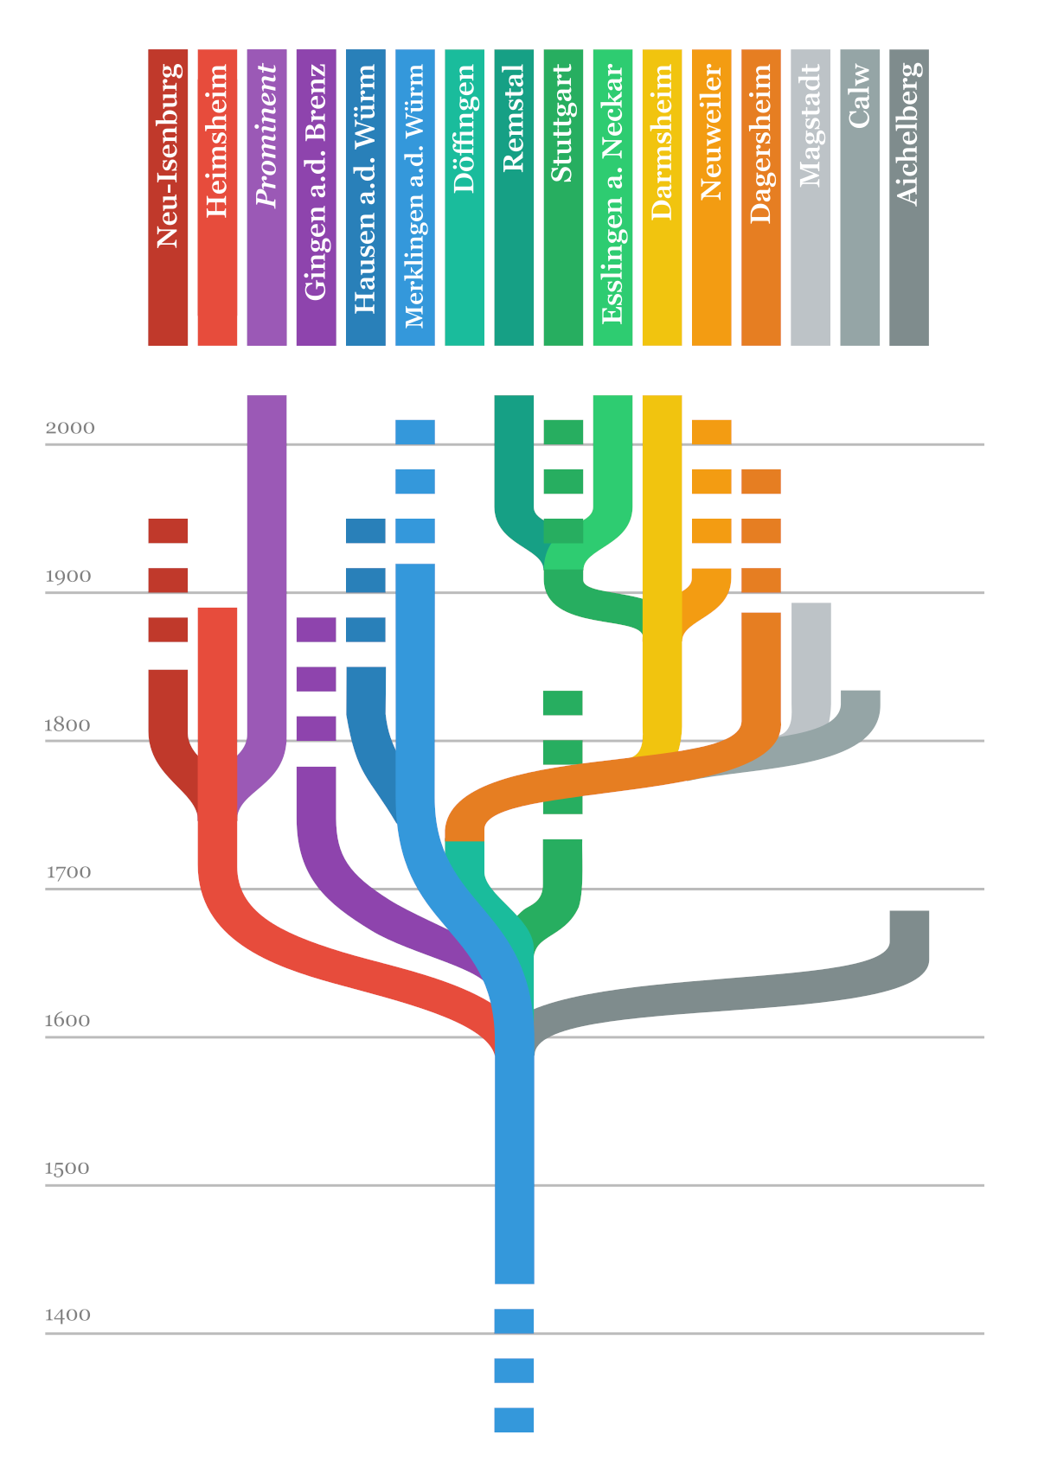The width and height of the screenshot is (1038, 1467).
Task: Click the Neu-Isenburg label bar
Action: click(168, 197)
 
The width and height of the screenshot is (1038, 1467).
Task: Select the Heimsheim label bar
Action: click(217, 197)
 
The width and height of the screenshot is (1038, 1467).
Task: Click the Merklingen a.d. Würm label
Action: click(414, 197)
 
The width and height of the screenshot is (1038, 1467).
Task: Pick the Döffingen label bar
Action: click(465, 197)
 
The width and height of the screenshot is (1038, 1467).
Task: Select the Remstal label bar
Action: click(514, 197)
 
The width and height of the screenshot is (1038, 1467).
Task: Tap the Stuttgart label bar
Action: click(563, 197)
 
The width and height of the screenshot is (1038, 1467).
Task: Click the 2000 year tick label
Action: click(70, 428)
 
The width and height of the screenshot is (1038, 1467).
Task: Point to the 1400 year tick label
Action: click(68, 1316)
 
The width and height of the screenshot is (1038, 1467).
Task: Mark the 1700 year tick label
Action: click(68, 872)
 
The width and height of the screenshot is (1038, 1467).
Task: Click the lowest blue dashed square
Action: click(514, 1420)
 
